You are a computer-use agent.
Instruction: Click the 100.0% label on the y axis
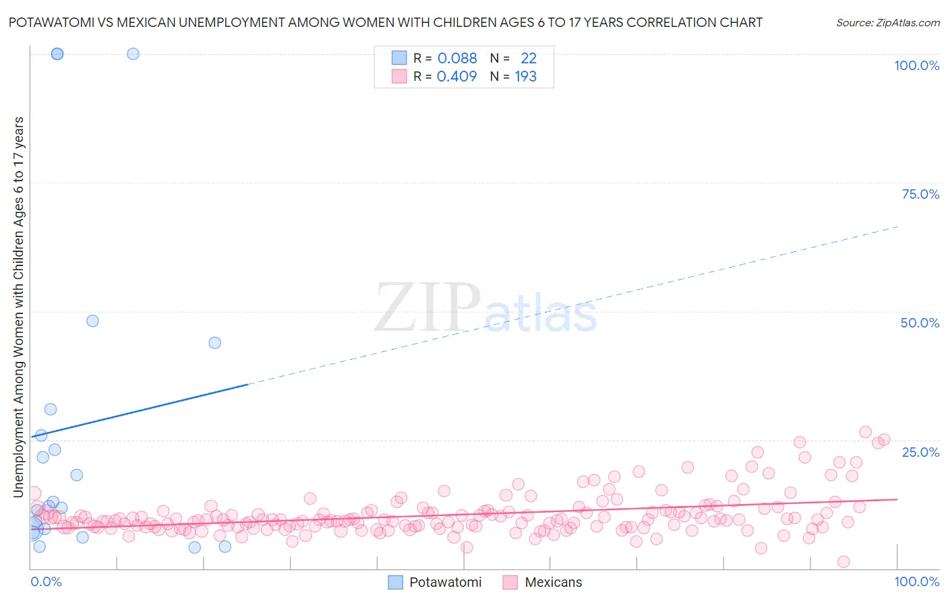point(916,65)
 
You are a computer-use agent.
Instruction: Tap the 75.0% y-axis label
point(920,194)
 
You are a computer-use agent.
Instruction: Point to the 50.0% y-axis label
point(920,323)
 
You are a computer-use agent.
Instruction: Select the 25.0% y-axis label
point(920,451)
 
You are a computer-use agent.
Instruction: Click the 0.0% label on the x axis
point(46,581)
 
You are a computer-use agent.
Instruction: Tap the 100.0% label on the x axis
point(916,581)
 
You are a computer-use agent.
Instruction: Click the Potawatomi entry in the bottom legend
point(445,582)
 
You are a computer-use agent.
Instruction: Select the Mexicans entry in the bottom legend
point(553,582)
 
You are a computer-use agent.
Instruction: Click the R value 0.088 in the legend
point(457,59)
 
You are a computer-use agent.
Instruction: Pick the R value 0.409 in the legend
point(457,77)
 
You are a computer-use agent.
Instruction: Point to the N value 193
point(525,77)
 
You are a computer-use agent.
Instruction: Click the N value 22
point(529,59)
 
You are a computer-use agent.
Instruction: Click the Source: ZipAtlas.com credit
point(887,23)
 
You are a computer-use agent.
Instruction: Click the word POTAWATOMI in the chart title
point(51,23)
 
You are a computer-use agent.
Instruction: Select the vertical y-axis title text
point(18,307)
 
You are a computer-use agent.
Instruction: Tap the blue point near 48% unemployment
point(93,321)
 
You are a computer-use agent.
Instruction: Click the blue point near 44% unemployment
point(214,342)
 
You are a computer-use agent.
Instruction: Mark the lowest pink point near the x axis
point(843,562)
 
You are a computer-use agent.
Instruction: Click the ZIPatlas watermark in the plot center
point(485,309)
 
